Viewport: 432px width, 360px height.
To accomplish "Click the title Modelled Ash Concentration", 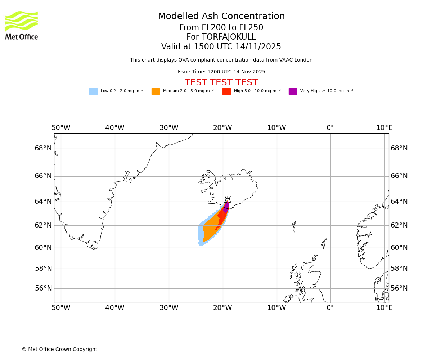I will click(x=221, y=17).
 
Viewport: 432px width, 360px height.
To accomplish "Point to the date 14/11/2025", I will click(x=258, y=47).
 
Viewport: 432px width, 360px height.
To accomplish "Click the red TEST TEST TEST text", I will click(x=221, y=83).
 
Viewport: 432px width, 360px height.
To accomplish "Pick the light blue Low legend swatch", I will click(x=93, y=91).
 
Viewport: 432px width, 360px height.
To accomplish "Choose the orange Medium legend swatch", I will click(x=156, y=91).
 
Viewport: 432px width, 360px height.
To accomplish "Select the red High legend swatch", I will click(x=226, y=91).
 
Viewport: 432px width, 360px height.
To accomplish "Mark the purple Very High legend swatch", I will click(x=293, y=91).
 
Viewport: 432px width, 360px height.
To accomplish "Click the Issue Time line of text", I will click(x=221, y=72).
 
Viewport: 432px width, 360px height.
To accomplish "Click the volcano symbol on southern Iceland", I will click(x=228, y=200).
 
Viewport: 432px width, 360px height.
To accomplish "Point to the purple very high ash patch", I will click(x=226, y=207).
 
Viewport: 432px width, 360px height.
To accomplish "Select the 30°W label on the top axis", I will click(x=169, y=128).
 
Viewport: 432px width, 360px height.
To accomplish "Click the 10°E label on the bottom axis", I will click(x=384, y=308).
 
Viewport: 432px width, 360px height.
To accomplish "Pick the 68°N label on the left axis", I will click(x=43, y=148).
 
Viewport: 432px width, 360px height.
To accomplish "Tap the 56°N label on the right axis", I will click(x=399, y=288).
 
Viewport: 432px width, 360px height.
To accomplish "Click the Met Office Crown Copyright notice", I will click(x=59, y=350).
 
